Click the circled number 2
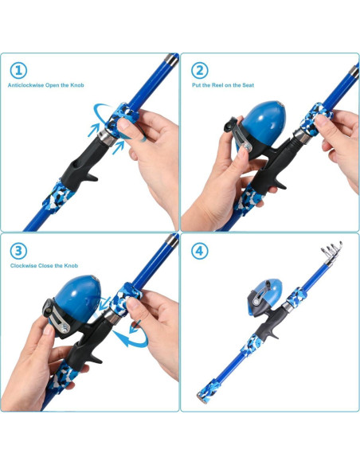200,70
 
